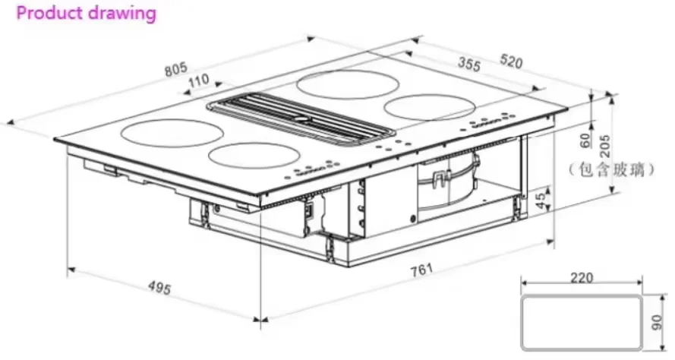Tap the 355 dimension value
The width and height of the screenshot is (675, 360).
tap(469, 65)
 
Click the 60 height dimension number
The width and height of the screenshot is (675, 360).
tap(584, 141)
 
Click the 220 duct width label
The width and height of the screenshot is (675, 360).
tap(581, 278)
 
